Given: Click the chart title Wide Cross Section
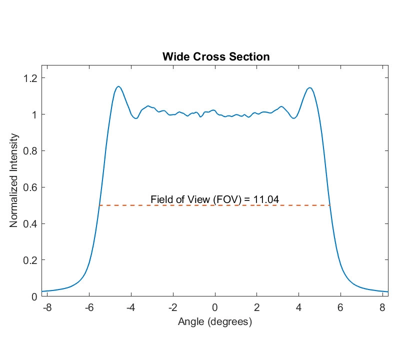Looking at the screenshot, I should pos(215,56).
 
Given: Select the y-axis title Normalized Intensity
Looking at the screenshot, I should pos(14,180).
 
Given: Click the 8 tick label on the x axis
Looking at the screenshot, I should pos(382,307).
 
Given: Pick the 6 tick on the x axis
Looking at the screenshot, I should pos(340,307).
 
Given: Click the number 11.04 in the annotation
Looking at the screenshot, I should pos(266,199).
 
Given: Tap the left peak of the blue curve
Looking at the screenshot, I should pos(118,86).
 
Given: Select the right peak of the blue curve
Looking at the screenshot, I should pos(310,88).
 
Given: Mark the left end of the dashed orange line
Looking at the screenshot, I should pos(99,205).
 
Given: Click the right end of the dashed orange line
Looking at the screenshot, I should pos(330,205).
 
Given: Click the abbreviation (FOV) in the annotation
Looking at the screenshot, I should pos(227,199).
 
